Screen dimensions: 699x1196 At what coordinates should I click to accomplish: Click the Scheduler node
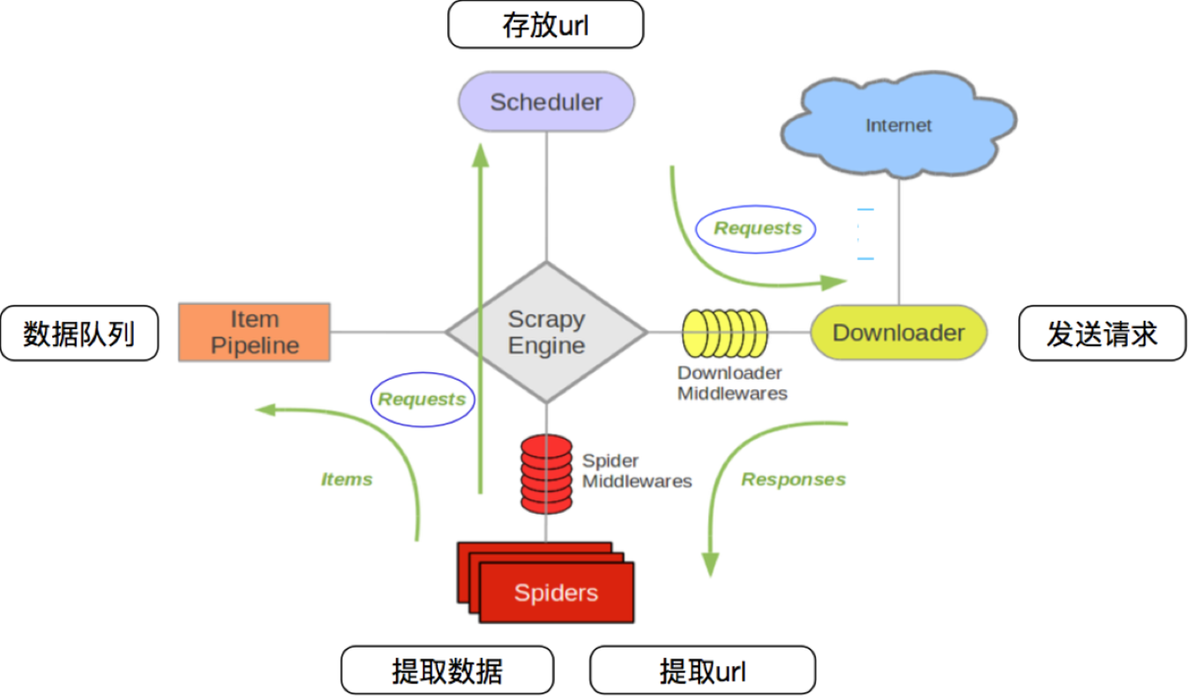coord(546,102)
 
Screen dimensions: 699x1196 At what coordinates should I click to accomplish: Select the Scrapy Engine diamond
coord(546,333)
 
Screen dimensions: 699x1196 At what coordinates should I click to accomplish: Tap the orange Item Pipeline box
coord(254,333)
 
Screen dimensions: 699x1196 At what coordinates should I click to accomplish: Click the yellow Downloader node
coord(898,333)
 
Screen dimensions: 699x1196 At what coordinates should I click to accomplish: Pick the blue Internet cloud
coord(898,125)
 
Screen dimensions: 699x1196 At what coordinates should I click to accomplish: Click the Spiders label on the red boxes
coord(556,593)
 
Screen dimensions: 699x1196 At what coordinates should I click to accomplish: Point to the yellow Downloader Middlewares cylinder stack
coord(724,333)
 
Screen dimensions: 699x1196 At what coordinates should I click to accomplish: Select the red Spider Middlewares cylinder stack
coord(546,472)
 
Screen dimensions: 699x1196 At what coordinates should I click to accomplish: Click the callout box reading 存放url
coord(545,25)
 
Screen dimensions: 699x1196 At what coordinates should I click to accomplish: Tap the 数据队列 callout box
coord(79,333)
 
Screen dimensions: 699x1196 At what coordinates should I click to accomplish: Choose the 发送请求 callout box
coord(1102,333)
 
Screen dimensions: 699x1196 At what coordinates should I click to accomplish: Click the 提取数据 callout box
coord(447,670)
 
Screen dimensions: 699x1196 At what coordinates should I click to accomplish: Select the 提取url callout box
coord(702,670)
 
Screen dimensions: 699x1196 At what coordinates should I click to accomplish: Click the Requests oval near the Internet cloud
coord(756,228)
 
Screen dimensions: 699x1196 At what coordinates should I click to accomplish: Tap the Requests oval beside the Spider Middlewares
coord(422,399)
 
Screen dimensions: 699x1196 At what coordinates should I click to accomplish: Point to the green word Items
coord(346,479)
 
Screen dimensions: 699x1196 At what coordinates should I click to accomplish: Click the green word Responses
coord(793,479)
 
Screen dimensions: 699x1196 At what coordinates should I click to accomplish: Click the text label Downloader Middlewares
coord(731,383)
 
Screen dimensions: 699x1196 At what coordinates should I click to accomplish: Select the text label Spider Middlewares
coord(636,472)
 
